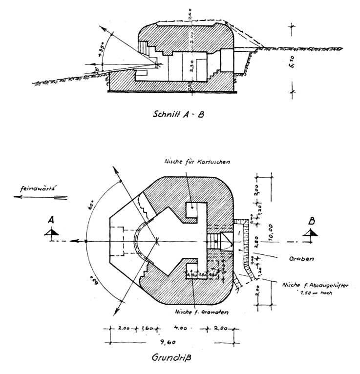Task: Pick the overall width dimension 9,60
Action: click(171, 342)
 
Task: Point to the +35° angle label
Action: click(101, 50)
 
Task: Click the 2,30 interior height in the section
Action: click(191, 65)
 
